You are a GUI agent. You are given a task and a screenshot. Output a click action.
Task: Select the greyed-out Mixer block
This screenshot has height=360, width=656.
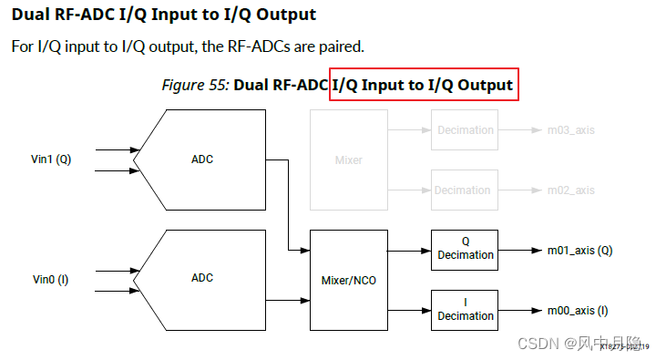(x=348, y=160)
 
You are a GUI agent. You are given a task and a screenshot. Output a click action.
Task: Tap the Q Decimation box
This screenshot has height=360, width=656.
(x=465, y=249)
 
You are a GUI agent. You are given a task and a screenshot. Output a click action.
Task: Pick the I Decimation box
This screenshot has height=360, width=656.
(x=465, y=310)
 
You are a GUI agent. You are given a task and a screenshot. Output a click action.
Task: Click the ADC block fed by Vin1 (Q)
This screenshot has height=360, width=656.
(x=202, y=159)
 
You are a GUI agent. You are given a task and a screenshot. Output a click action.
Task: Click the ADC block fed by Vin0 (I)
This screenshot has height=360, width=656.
(x=202, y=278)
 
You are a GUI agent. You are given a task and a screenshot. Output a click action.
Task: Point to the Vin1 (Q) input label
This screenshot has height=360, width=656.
(x=51, y=159)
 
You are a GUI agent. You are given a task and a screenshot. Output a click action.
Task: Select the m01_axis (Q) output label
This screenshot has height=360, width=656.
(x=579, y=250)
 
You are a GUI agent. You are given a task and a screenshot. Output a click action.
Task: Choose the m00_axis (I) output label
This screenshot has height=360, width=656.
(x=578, y=311)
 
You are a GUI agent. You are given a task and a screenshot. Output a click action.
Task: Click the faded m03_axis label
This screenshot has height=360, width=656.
(x=570, y=130)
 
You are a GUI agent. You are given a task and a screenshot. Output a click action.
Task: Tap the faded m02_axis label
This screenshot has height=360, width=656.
(x=570, y=190)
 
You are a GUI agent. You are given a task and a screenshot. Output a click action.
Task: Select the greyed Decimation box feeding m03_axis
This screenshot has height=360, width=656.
(x=465, y=130)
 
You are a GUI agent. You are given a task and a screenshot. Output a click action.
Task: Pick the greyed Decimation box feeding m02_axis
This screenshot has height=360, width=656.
(x=465, y=190)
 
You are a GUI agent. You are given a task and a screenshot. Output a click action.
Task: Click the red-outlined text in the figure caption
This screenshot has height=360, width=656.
(x=424, y=86)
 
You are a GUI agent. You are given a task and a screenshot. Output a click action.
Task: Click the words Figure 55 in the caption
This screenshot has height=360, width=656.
(x=195, y=86)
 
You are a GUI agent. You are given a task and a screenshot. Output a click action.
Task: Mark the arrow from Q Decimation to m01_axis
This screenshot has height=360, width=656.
(x=519, y=250)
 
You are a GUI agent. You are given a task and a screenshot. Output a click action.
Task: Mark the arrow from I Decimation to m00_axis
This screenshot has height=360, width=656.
(x=519, y=311)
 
